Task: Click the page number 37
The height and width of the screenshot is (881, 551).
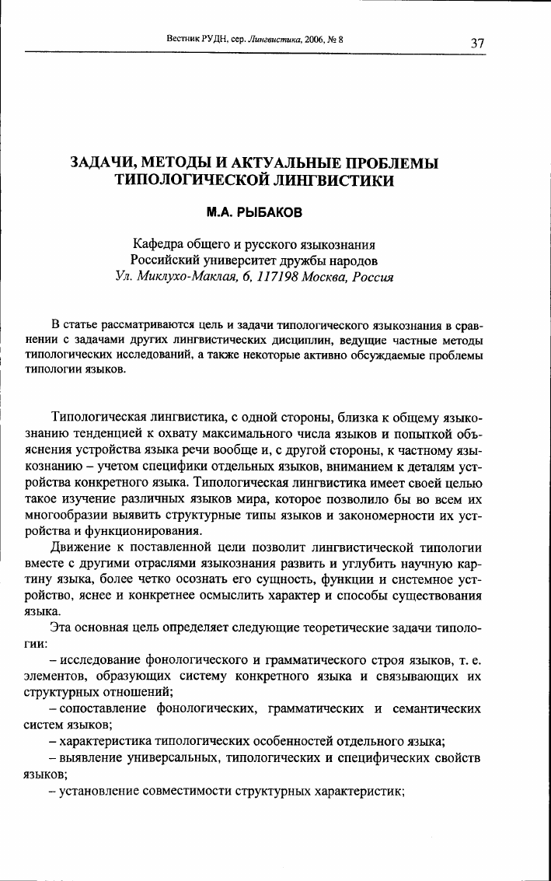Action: click(479, 42)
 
